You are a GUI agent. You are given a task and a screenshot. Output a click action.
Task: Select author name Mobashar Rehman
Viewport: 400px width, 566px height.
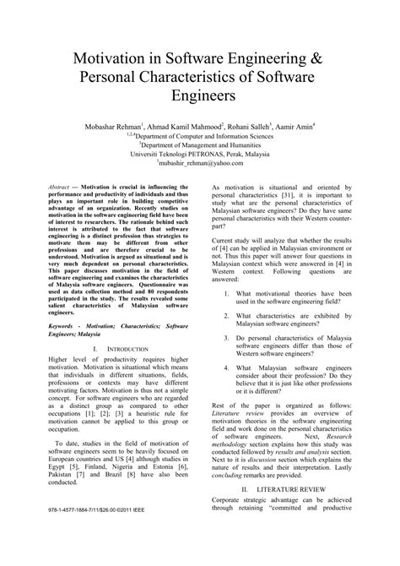[x=117, y=126]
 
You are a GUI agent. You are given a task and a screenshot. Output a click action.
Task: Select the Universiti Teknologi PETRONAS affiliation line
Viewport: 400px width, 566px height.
[x=200, y=155]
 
